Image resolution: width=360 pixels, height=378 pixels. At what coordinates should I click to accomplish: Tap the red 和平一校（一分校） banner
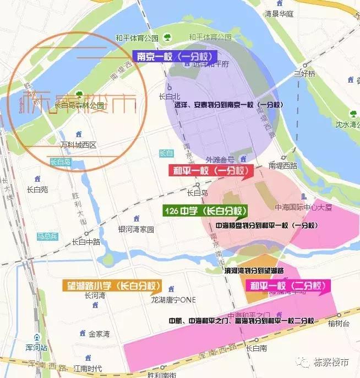pos(210,171)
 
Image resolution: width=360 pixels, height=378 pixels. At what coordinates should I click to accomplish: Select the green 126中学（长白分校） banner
pos(205,211)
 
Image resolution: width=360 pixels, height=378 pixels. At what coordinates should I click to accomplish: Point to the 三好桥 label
pos(304,73)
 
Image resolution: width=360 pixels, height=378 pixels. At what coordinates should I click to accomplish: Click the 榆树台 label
pos(338,324)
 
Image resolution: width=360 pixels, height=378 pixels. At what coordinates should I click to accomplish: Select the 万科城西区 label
pos(78,145)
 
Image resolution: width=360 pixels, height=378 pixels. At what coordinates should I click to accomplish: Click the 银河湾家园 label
pos(136,229)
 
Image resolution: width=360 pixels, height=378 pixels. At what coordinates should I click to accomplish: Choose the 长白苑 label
pos(37,190)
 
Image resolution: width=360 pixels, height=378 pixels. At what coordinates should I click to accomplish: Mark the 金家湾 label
pos(100,333)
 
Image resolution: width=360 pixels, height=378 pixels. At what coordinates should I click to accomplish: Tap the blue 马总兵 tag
pos(47,236)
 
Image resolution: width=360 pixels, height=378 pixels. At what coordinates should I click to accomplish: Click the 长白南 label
pos(256,348)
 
